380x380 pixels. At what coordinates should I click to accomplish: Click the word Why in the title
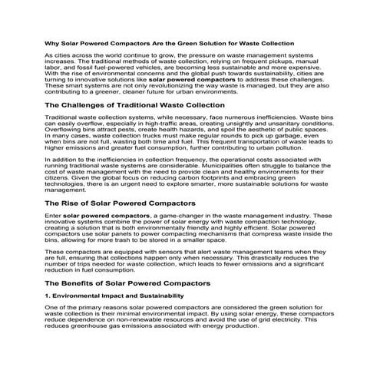tap(52, 43)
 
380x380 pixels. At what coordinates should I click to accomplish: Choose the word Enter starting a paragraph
tap(53, 216)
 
